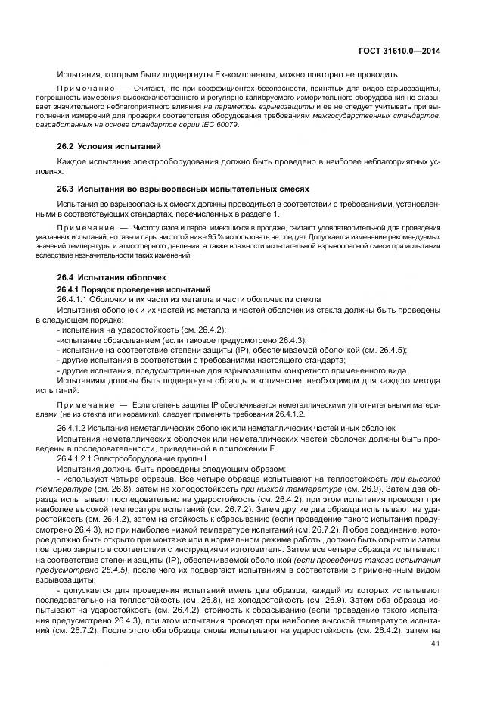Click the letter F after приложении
[x=273, y=448]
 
